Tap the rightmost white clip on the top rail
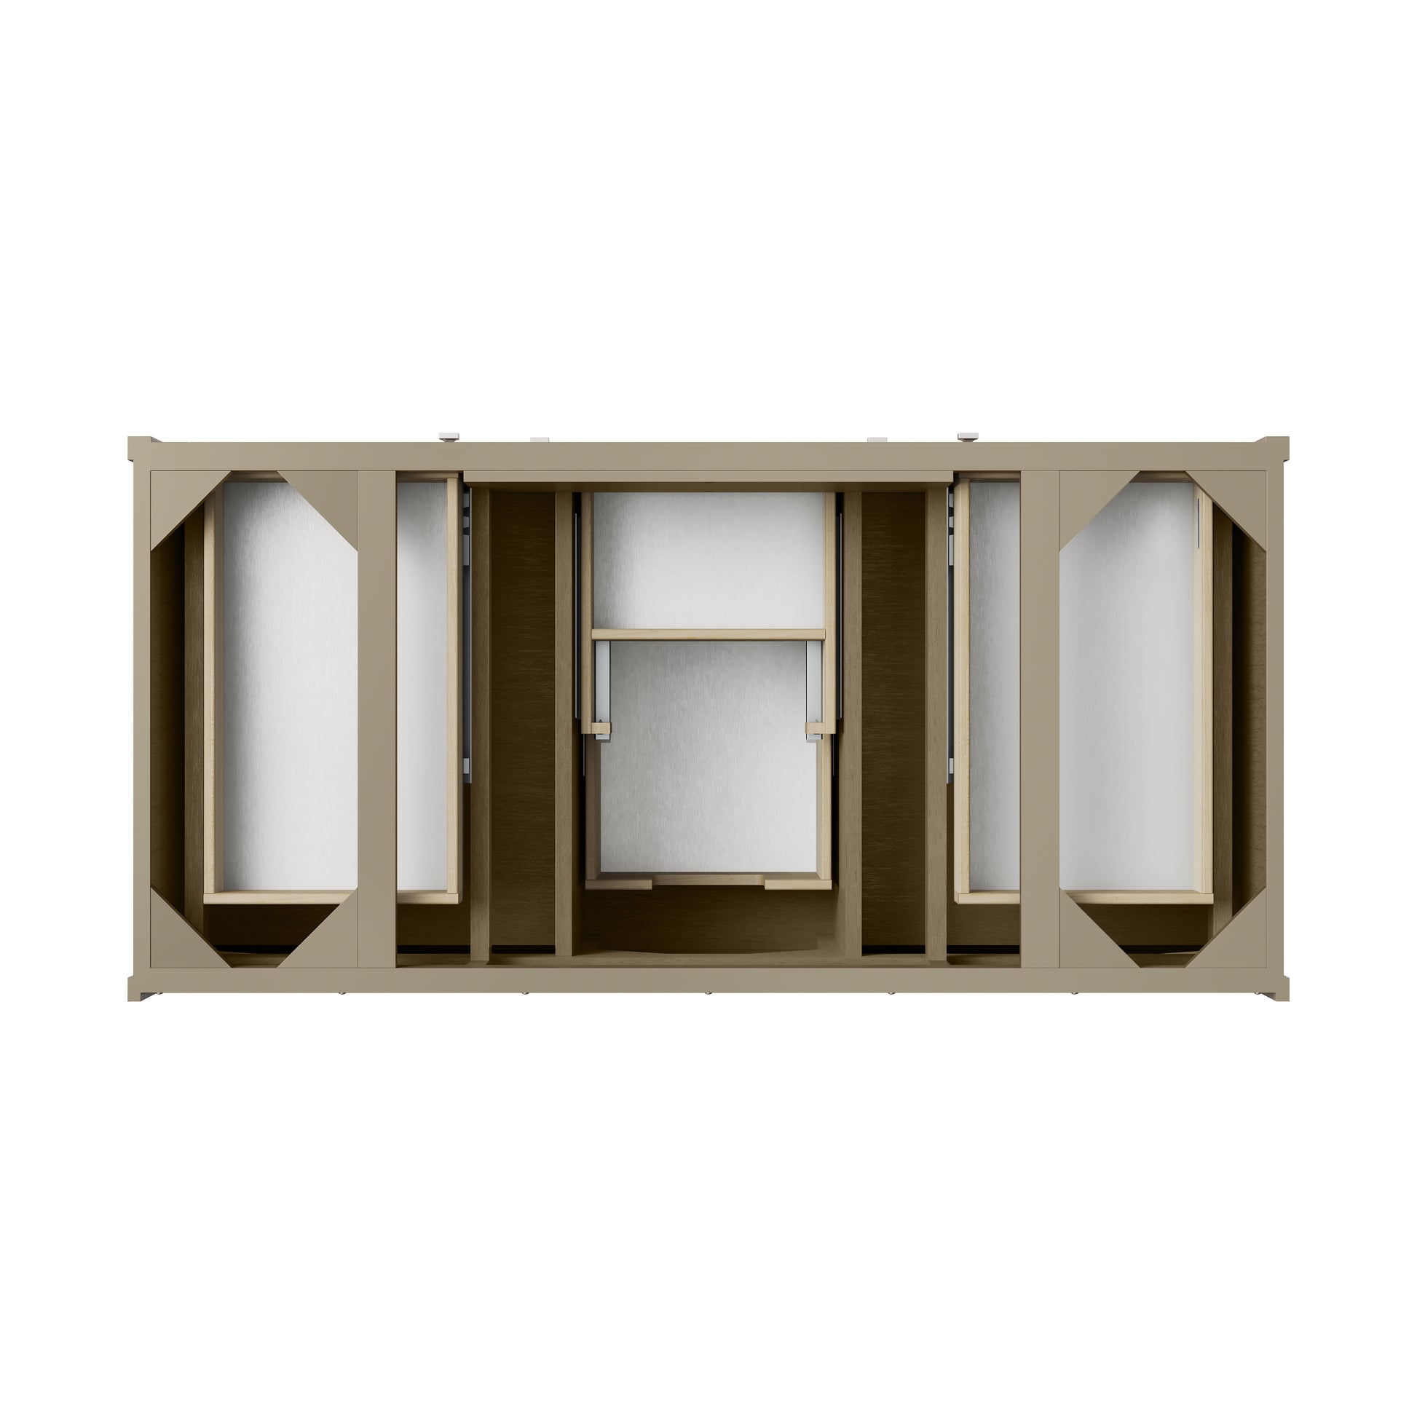pyautogui.click(x=968, y=437)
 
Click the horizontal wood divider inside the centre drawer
pyautogui.click(x=708, y=634)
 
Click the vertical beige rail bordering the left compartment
pyautogui.click(x=376, y=719)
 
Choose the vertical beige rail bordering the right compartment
pyautogui.click(x=1039, y=719)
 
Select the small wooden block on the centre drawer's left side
pyautogui.click(x=601, y=729)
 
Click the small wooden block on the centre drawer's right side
pyautogui.click(x=816, y=729)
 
